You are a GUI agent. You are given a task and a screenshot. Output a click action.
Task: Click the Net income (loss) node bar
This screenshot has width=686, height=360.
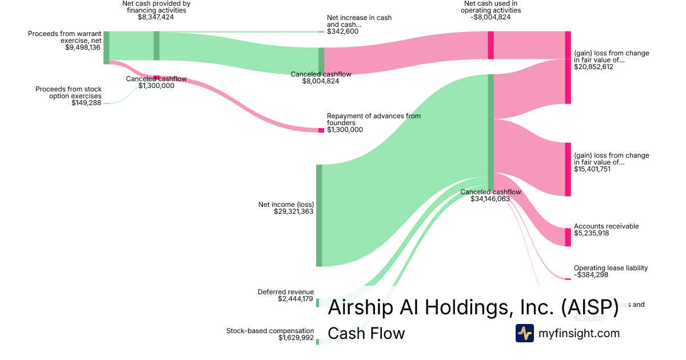pyautogui.click(x=319, y=215)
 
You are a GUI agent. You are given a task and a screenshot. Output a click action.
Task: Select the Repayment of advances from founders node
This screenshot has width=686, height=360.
pyautogui.click(x=321, y=130)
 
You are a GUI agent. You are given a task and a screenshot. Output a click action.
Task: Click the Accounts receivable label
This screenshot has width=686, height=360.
pyautogui.click(x=606, y=226)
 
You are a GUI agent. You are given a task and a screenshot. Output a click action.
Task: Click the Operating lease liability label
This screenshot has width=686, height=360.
pyautogui.click(x=611, y=268)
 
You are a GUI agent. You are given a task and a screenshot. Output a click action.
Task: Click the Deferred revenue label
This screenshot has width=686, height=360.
pyautogui.click(x=286, y=292)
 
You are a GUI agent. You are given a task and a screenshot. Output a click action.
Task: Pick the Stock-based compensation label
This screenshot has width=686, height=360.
pyautogui.click(x=270, y=331)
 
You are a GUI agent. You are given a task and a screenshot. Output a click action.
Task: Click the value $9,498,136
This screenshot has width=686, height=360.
pyautogui.click(x=83, y=47)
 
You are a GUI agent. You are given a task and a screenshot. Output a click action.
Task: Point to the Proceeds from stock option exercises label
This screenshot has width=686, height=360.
pyautogui.click(x=69, y=93)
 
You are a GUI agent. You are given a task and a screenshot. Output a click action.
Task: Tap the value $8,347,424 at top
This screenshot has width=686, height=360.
pyautogui.click(x=156, y=17)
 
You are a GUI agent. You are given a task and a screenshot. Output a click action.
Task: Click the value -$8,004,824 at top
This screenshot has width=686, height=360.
pyautogui.click(x=491, y=17)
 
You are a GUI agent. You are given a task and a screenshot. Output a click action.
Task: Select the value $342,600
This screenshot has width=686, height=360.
pyautogui.click(x=342, y=31)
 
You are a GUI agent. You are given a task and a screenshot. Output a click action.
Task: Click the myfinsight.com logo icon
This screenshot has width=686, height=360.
pyautogui.click(x=524, y=333)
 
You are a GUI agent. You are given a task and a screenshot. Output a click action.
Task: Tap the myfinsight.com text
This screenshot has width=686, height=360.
pyautogui.click(x=579, y=333)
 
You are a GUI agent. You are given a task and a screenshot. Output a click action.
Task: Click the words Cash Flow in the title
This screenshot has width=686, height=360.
pyautogui.click(x=366, y=333)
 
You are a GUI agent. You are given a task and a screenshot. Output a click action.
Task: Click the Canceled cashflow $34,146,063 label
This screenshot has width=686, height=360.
pyautogui.click(x=490, y=195)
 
